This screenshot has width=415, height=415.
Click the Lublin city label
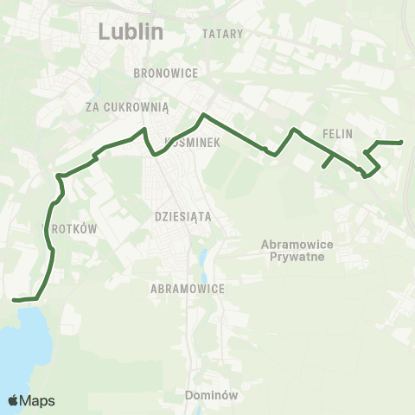tap(131, 32)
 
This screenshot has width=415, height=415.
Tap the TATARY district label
tap(224, 34)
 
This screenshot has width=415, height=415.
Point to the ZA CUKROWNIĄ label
tap(126, 106)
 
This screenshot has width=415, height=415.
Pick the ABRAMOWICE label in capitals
tap(188, 289)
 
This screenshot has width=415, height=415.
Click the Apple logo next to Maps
tap(13, 400)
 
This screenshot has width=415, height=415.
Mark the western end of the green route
tap(13, 300)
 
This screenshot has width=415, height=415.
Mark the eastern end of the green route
tap(402, 143)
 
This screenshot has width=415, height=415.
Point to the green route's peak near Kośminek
tap(202, 115)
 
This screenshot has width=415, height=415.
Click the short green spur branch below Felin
tap(328, 161)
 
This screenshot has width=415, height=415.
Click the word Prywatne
tap(290, 257)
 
